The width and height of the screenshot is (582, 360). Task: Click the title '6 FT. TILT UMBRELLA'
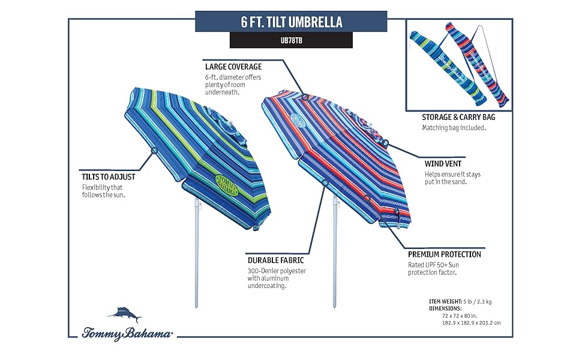(291, 22)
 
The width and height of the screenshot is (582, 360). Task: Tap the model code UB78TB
(291, 41)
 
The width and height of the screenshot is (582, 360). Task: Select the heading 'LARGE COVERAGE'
(233, 67)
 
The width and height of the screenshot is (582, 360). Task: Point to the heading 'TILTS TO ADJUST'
(109, 177)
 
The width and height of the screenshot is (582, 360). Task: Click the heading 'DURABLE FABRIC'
(276, 260)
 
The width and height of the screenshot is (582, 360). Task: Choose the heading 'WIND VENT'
(443, 164)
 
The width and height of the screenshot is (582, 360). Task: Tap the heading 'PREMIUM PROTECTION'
(445, 254)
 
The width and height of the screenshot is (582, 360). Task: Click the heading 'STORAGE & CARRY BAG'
(458, 118)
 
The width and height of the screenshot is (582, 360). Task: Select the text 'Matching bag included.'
(454, 128)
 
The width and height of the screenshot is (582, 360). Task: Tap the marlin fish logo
(125, 314)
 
